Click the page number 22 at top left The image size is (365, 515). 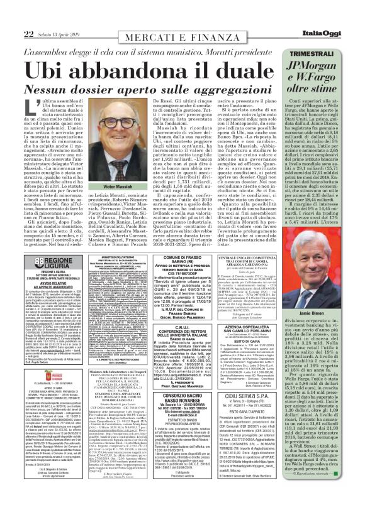point(11,15)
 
